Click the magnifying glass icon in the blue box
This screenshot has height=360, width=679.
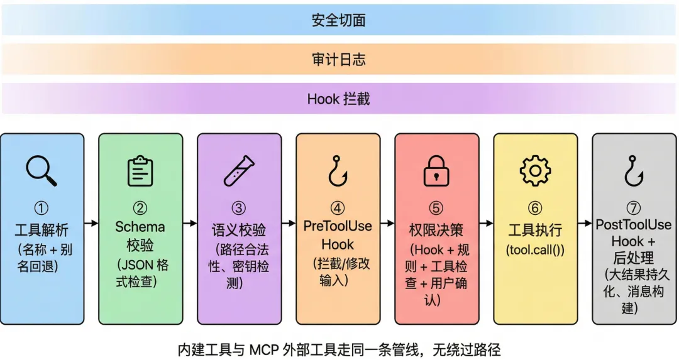(41, 170)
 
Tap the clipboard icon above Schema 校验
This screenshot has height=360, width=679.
(140, 171)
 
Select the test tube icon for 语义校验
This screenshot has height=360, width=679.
(240, 171)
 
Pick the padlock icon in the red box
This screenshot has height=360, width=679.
(436, 171)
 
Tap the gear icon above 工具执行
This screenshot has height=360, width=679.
(535, 171)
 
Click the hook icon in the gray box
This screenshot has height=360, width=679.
(633, 171)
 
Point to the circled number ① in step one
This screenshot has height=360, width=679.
(41, 209)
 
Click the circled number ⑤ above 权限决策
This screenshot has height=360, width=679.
(436, 209)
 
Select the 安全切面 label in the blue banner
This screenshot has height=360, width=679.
(339, 20)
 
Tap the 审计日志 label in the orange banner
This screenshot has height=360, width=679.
(339, 60)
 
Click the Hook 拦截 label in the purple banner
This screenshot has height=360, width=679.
(339, 99)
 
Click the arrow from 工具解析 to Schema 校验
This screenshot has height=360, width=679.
(91, 223)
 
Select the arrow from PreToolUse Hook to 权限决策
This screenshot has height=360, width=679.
(387, 223)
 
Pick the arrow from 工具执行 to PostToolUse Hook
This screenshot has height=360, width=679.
(585, 223)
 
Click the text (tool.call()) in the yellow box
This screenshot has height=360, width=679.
(535, 249)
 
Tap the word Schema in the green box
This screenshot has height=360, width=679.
(140, 227)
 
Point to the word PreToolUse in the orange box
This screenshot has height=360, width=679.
(338, 226)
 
